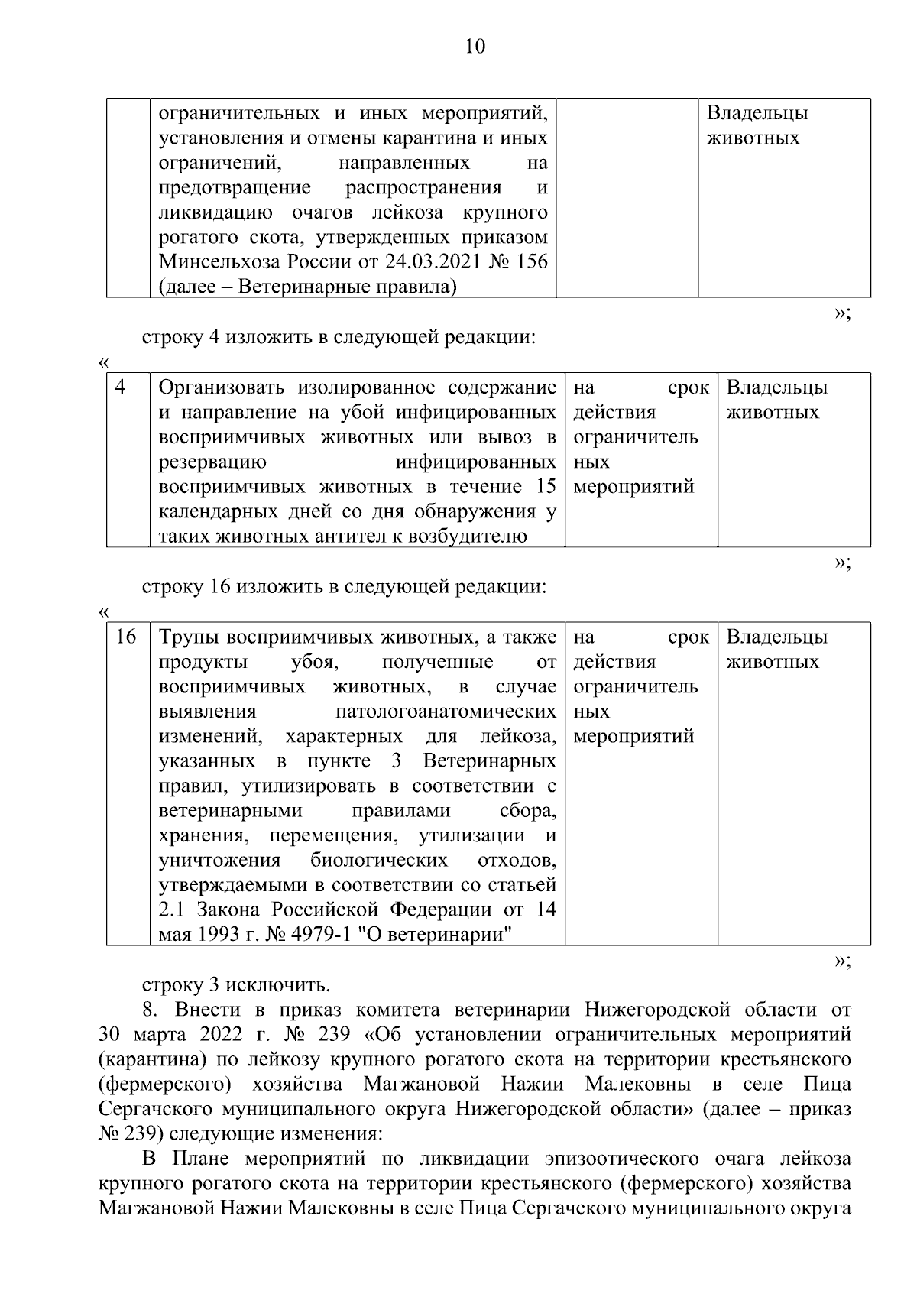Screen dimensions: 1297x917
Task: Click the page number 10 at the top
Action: [475, 47]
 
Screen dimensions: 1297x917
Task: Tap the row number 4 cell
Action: [121, 387]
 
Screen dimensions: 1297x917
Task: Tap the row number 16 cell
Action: [125, 637]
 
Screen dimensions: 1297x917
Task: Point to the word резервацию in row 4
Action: [212, 462]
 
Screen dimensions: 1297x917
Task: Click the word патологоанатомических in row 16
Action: [446, 712]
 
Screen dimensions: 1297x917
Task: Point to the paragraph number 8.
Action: [149, 1010]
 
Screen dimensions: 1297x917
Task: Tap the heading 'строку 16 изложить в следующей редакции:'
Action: [345, 587]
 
